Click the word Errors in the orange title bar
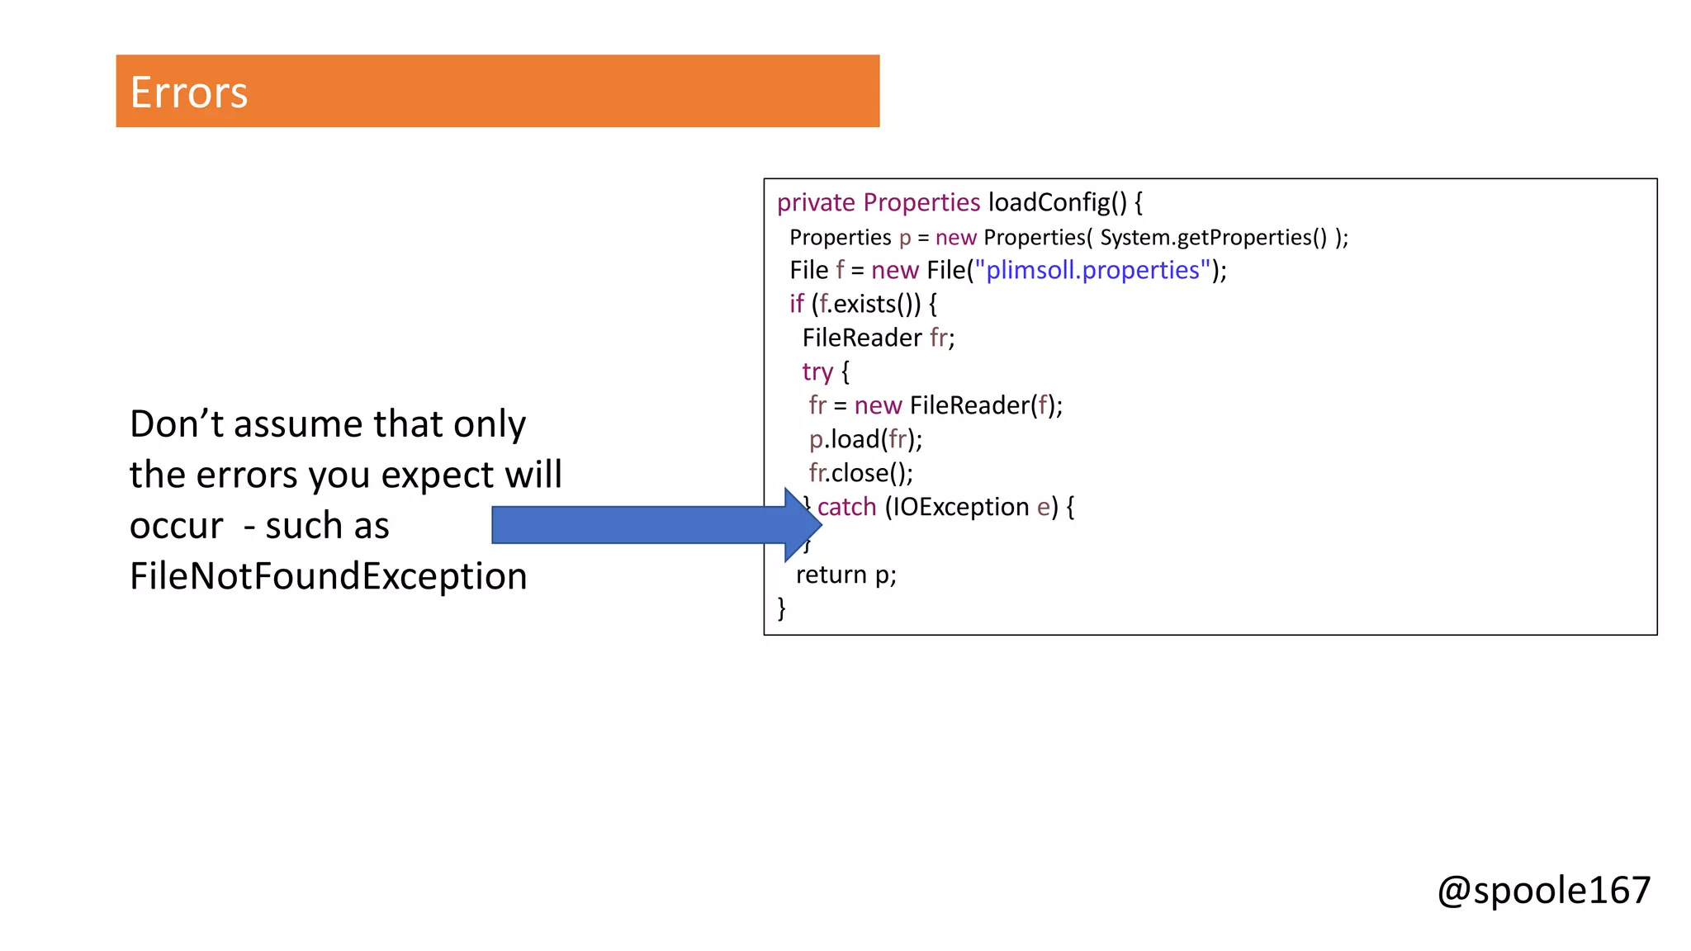[188, 92]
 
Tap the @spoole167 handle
[1543, 890]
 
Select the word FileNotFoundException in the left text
[328, 576]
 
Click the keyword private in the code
[816, 203]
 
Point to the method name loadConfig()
[1057, 203]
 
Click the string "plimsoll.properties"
[1092, 271]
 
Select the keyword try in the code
[817, 372]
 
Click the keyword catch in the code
[846, 507]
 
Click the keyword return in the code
[831, 575]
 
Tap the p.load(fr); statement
[865, 440]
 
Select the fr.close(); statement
[860, 474]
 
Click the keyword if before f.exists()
[796, 305]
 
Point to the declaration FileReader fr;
[878, 338]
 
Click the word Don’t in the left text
[176, 424]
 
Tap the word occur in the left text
[176, 527]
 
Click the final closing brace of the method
[781, 608]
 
